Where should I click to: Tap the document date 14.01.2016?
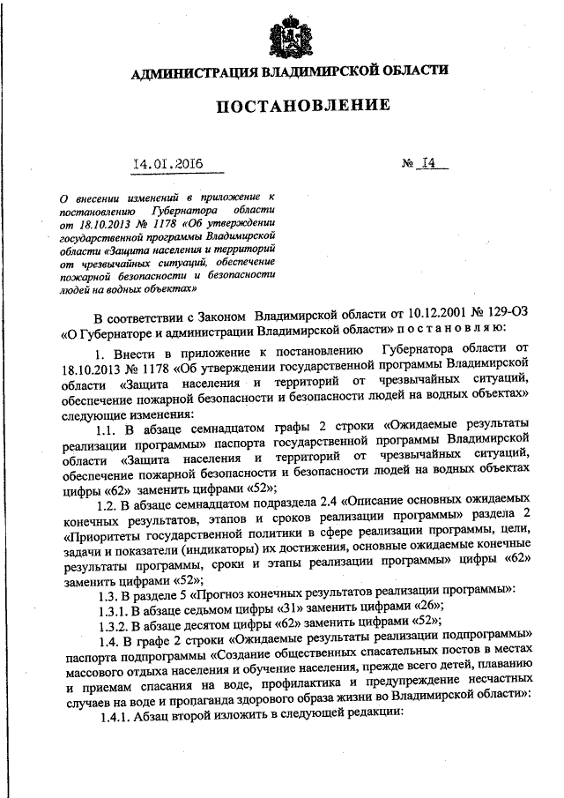pyautogui.click(x=168, y=163)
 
